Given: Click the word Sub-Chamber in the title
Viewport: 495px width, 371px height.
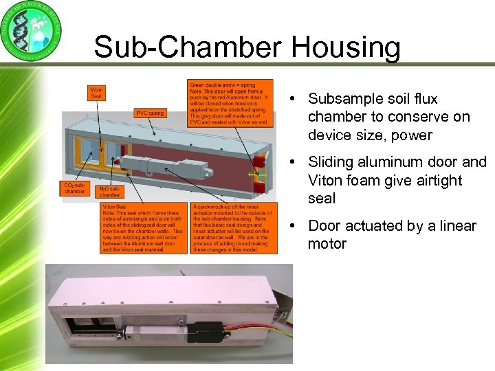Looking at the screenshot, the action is [x=188, y=48].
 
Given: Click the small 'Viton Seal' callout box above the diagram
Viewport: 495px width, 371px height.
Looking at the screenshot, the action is [x=97, y=92].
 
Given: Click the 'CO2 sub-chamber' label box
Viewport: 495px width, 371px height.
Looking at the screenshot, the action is [x=74, y=188].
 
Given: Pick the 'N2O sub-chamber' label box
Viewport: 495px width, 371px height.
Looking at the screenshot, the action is [x=113, y=192].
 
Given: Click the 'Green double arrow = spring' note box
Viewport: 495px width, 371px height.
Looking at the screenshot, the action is [x=230, y=102].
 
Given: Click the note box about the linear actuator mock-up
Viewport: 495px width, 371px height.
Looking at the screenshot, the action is [x=234, y=227].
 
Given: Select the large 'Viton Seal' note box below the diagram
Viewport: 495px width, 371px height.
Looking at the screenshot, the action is [x=142, y=227].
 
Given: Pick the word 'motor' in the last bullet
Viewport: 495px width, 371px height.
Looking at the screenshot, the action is [x=327, y=244].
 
